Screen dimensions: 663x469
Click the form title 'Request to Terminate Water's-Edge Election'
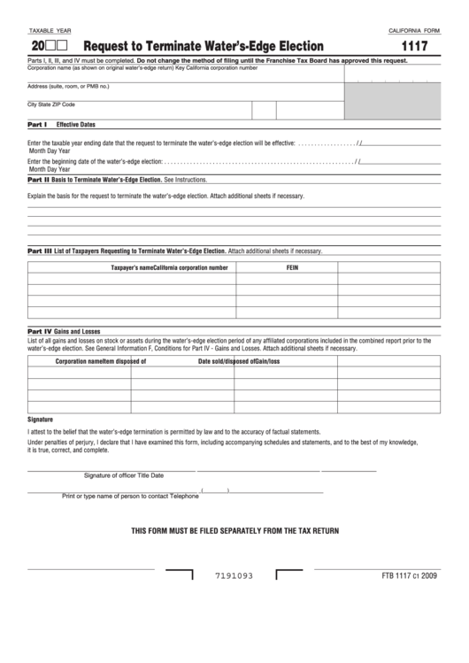pyautogui.click(x=204, y=46)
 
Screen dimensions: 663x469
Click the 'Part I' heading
pyautogui.click(x=37, y=125)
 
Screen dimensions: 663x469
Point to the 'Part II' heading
pyautogui.click(x=38, y=179)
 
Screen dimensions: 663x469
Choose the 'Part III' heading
pyautogui.click(x=40, y=251)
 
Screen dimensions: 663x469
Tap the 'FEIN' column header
pyautogui.click(x=292, y=266)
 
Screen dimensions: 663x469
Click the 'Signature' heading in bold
pyautogui.click(x=41, y=419)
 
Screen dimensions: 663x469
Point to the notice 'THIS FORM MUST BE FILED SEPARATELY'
pyautogui.click(x=234, y=530)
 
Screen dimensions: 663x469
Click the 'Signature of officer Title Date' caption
pyautogui.click(x=124, y=475)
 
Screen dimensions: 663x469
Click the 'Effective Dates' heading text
pyautogui.click(x=76, y=125)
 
